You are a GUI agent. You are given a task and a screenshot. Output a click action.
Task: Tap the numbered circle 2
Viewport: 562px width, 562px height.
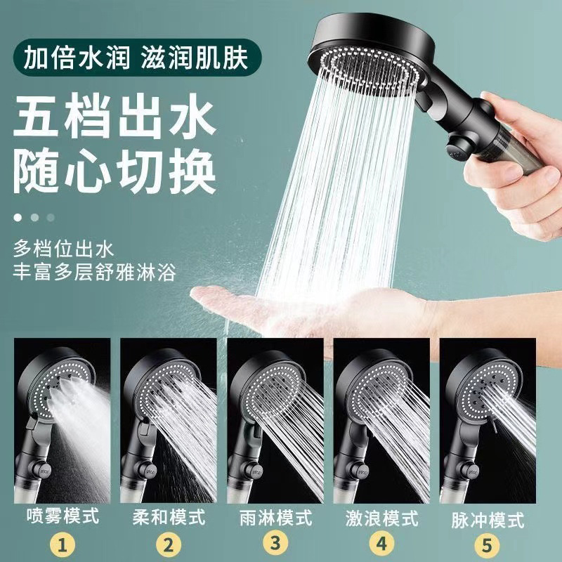pos(169,544)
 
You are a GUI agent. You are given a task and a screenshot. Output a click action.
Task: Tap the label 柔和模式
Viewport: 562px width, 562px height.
pos(169,518)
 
